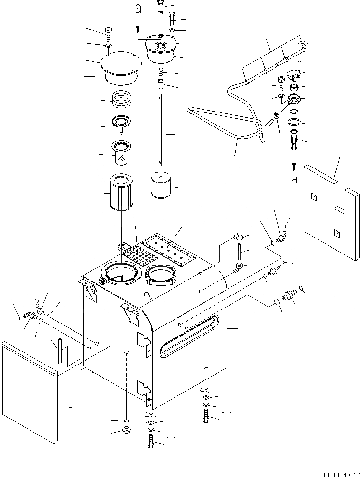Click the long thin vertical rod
pyautogui.click(x=159, y=131)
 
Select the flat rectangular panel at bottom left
pyautogui.click(x=29, y=391)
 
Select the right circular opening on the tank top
pyautogui.click(x=161, y=274)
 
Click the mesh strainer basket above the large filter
pyautogui.click(x=121, y=153)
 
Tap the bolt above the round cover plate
pyautogui.click(x=108, y=34)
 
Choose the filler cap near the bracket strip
pyautogui.click(x=293, y=76)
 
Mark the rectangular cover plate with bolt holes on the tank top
pyautogui.click(x=169, y=248)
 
